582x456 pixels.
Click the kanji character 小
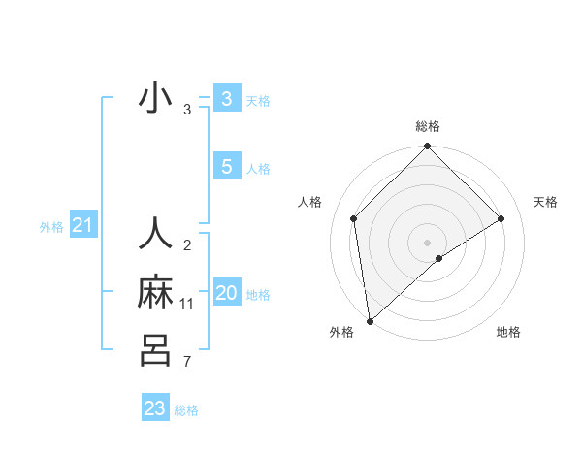155,99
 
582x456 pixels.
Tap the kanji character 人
155,234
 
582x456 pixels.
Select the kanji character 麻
155,292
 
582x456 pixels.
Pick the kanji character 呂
155,349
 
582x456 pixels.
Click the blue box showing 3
226,98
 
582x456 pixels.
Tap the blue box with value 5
226,166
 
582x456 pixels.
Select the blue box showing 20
226,292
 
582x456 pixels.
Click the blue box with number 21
82,226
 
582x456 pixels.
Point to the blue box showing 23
155,408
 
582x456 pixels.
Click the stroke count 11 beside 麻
187,304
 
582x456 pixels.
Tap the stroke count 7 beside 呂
187,363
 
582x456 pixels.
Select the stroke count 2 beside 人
187,245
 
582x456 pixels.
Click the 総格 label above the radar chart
428,126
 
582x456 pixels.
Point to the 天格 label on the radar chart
545,202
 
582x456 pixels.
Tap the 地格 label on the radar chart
508,332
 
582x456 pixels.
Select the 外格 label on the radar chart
341,332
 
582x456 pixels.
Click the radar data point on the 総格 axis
428,147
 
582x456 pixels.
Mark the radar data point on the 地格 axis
439,258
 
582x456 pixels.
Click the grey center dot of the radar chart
427,242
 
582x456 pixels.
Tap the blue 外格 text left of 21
51,227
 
